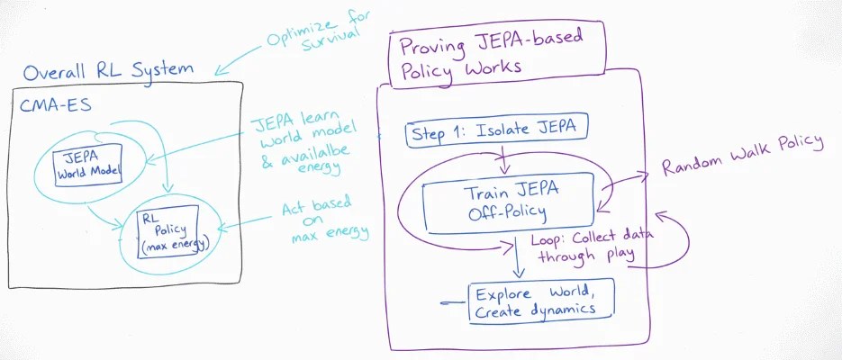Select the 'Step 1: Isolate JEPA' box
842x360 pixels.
click(497, 132)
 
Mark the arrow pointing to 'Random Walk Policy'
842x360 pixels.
click(630, 175)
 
